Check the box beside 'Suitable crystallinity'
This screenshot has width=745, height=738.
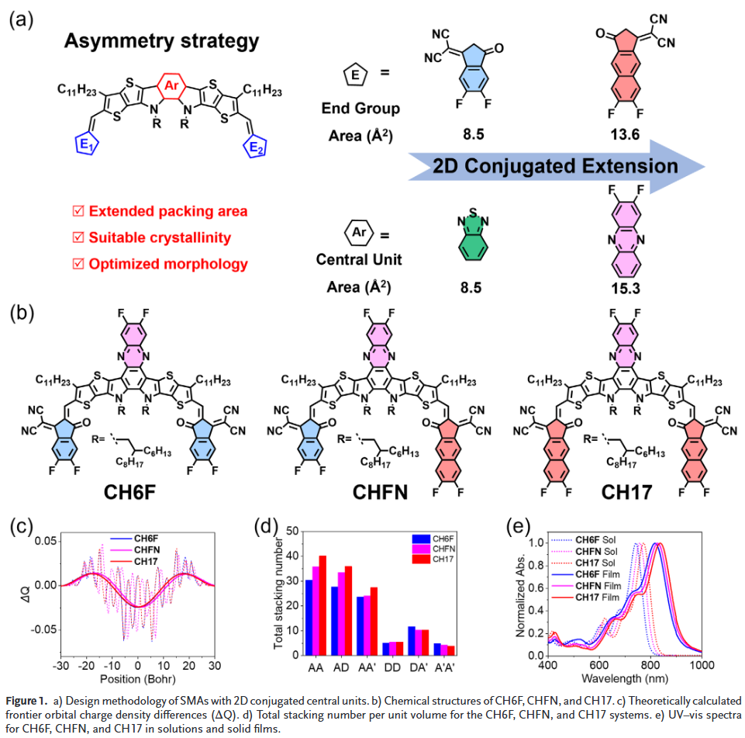click(x=77, y=237)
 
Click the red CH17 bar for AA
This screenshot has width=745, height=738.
click(x=322, y=605)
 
